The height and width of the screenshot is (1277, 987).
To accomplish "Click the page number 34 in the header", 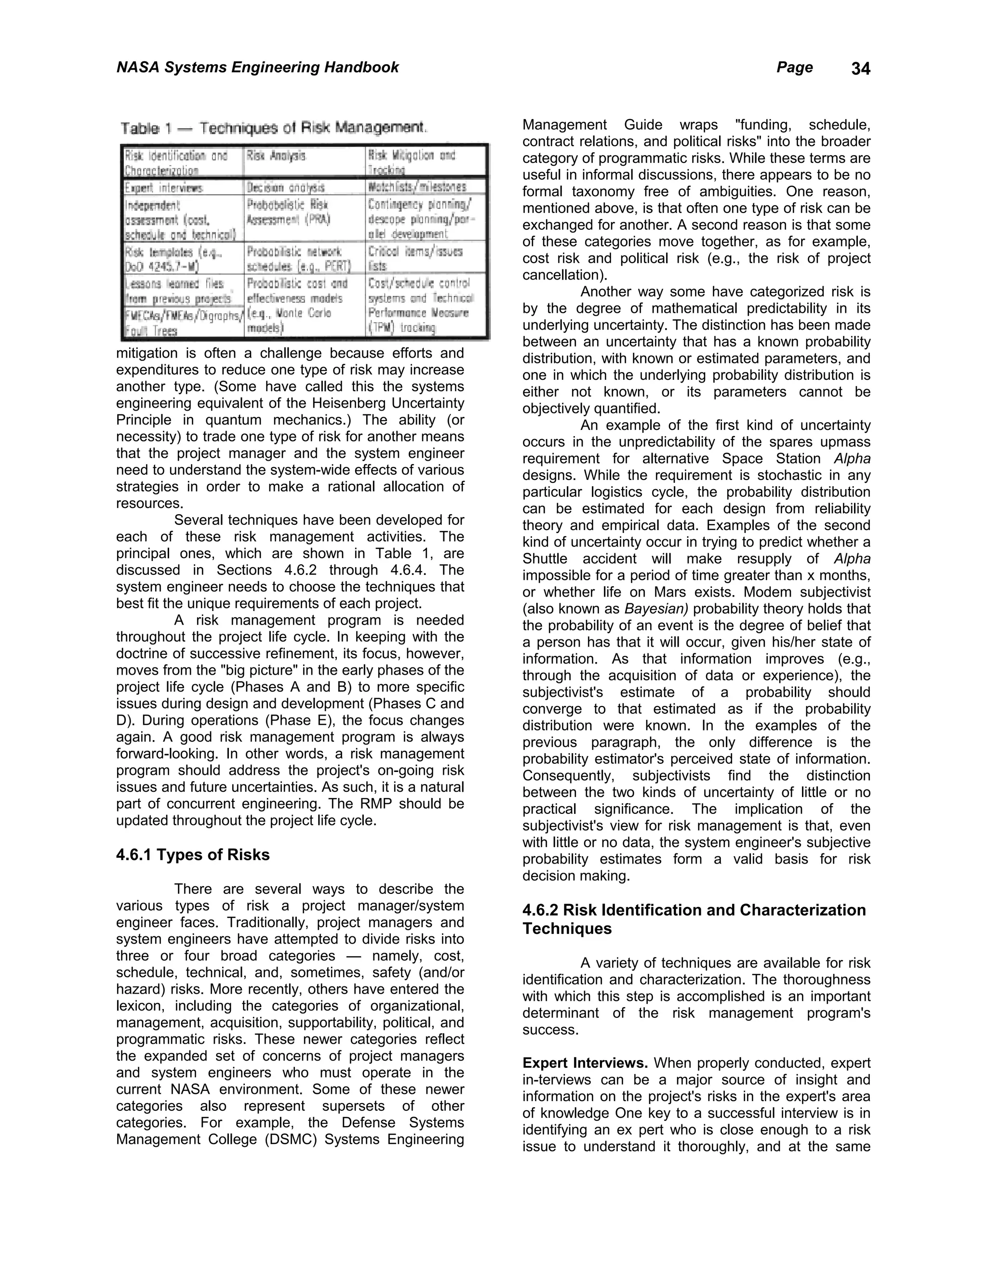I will pyautogui.click(x=860, y=69).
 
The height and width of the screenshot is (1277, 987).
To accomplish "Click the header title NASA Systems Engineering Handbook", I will pyautogui.click(x=257, y=67).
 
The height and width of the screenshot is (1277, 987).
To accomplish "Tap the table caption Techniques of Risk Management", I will pyautogui.click(x=274, y=128).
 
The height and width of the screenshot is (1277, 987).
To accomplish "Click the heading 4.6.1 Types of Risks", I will pyautogui.click(x=193, y=855).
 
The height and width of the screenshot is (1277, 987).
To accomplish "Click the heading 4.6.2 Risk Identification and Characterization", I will pyautogui.click(x=694, y=910).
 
